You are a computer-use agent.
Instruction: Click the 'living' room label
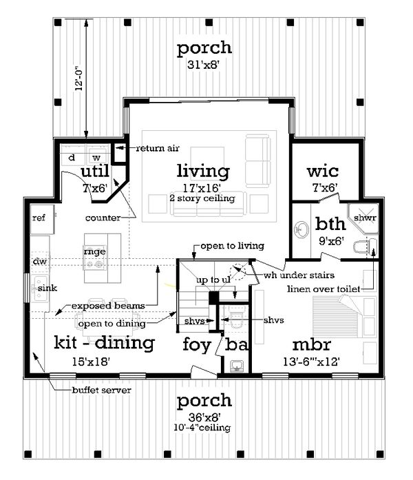point(202,170)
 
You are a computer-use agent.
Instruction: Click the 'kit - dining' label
point(104,342)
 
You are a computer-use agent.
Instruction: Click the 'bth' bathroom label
point(330,223)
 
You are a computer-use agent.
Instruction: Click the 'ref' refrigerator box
point(39,218)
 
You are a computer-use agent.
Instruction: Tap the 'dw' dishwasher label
point(39,261)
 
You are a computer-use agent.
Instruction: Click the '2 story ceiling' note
point(203,198)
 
